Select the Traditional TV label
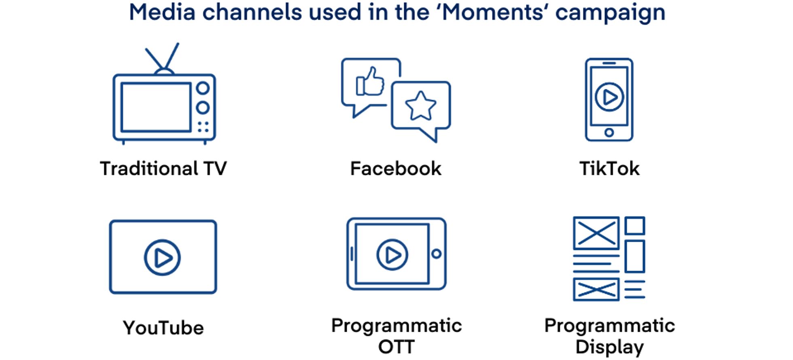click(x=163, y=169)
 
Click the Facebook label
click(x=396, y=169)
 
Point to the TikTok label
click(x=609, y=169)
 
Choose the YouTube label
click(x=163, y=328)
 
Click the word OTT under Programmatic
click(x=396, y=347)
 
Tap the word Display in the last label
click(x=609, y=347)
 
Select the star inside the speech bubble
click(x=421, y=106)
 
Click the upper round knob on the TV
click(x=203, y=88)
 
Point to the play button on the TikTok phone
click(x=609, y=97)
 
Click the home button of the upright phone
click(x=609, y=132)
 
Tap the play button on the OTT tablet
click(x=392, y=254)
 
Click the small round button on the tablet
click(x=436, y=254)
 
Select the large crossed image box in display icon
click(x=596, y=233)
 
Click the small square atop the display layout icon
click(x=634, y=226)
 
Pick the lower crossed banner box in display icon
click(x=596, y=289)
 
